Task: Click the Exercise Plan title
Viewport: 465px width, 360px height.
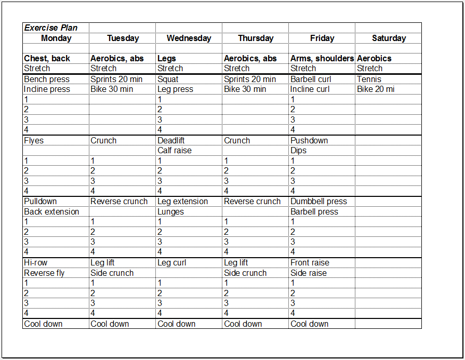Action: coord(51,28)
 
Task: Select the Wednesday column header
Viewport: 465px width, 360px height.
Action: coord(189,38)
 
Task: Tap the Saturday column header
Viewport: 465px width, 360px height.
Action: coord(389,38)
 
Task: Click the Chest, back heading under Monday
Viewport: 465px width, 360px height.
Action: coord(47,59)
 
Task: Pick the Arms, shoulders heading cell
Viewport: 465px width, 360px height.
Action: coord(322,59)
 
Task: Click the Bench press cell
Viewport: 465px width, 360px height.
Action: coord(47,79)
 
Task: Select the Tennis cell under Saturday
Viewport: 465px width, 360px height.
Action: coord(369,79)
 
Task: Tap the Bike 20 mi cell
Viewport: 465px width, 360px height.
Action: coord(375,89)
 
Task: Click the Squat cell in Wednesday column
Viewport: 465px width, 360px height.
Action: coord(168,79)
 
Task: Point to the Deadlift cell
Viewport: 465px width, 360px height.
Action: coord(171,141)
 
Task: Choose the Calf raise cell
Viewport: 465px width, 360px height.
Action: coord(175,151)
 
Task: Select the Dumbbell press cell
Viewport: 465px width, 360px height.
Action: coord(318,202)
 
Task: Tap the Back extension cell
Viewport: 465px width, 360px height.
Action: coord(51,212)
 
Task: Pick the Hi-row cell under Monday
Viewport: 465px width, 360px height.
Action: coord(36,263)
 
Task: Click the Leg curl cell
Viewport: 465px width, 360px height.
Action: coord(172,263)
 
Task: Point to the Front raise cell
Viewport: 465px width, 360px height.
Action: coord(310,263)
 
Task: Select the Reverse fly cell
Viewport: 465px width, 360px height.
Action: coord(44,273)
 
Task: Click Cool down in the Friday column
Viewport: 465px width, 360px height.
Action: coord(310,324)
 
